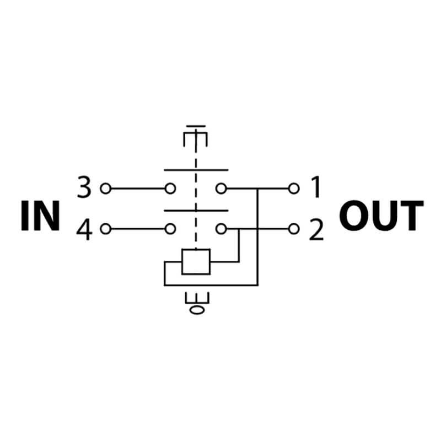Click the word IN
click(x=40, y=216)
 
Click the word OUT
click(x=381, y=216)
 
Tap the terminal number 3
click(x=84, y=187)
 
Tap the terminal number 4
click(x=84, y=230)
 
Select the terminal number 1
click(x=316, y=187)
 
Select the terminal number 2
click(x=316, y=229)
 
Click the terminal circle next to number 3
click(x=105, y=189)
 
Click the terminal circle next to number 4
click(x=105, y=229)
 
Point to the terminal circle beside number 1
click(x=294, y=189)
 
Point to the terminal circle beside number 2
click(x=294, y=229)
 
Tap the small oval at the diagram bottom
click(x=197, y=310)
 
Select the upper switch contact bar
click(x=196, y=170)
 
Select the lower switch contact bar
click(x=196, y=211)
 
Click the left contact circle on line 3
click(x=170, y=189)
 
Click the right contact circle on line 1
click(x=221, y=189)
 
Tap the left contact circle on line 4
click(x=170, y=229)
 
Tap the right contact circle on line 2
click(x=221, y=229)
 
